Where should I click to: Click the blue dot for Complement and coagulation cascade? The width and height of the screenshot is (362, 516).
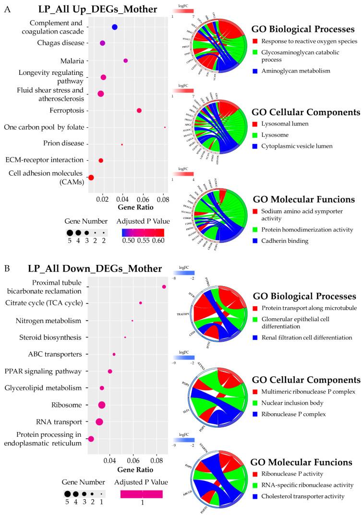(115, 27)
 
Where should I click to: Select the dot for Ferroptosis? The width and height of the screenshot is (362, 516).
(139, 110)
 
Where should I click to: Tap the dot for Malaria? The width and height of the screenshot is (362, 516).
(126, 60)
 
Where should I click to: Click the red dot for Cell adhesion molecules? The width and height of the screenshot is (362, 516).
(91, 178)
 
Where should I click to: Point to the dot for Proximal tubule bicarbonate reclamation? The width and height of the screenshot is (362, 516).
(164, 287)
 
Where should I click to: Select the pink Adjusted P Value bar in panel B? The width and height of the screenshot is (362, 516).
(142, 494)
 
